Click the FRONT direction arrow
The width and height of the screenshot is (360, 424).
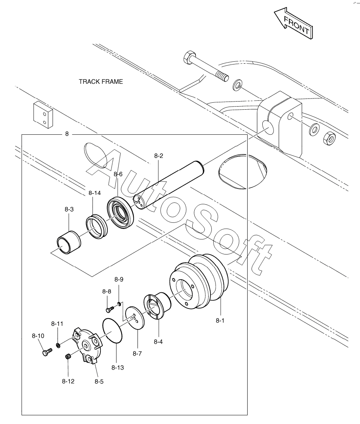pos(294,23)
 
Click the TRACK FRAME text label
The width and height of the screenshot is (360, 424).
pos(100,81)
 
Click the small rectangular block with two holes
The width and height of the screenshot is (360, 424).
pos(43,115)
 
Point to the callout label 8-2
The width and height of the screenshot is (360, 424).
pos(159,156)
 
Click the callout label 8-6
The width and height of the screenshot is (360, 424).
pos(118,174)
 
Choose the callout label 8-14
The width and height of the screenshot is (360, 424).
pos(95,193)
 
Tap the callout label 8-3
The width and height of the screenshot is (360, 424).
pos(69,209)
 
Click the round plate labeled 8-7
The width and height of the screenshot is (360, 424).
pos(135,318)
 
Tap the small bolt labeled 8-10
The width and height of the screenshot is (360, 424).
pos(47,351)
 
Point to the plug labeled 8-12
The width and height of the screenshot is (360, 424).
pos(68,357)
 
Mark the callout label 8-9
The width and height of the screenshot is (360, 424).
pos(119,279)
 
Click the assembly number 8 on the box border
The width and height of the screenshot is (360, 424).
pos(67,134)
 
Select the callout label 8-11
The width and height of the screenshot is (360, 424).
pos(57,324)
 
